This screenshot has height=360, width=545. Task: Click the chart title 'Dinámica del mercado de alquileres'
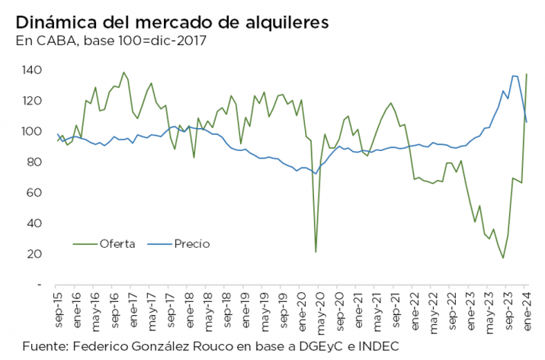172,23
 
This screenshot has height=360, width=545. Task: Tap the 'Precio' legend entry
191,244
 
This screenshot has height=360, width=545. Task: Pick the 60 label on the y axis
34,193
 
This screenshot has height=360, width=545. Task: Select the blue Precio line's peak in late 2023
514,76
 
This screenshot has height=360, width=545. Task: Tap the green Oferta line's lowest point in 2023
503,258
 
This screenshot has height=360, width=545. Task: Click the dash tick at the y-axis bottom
38,284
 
